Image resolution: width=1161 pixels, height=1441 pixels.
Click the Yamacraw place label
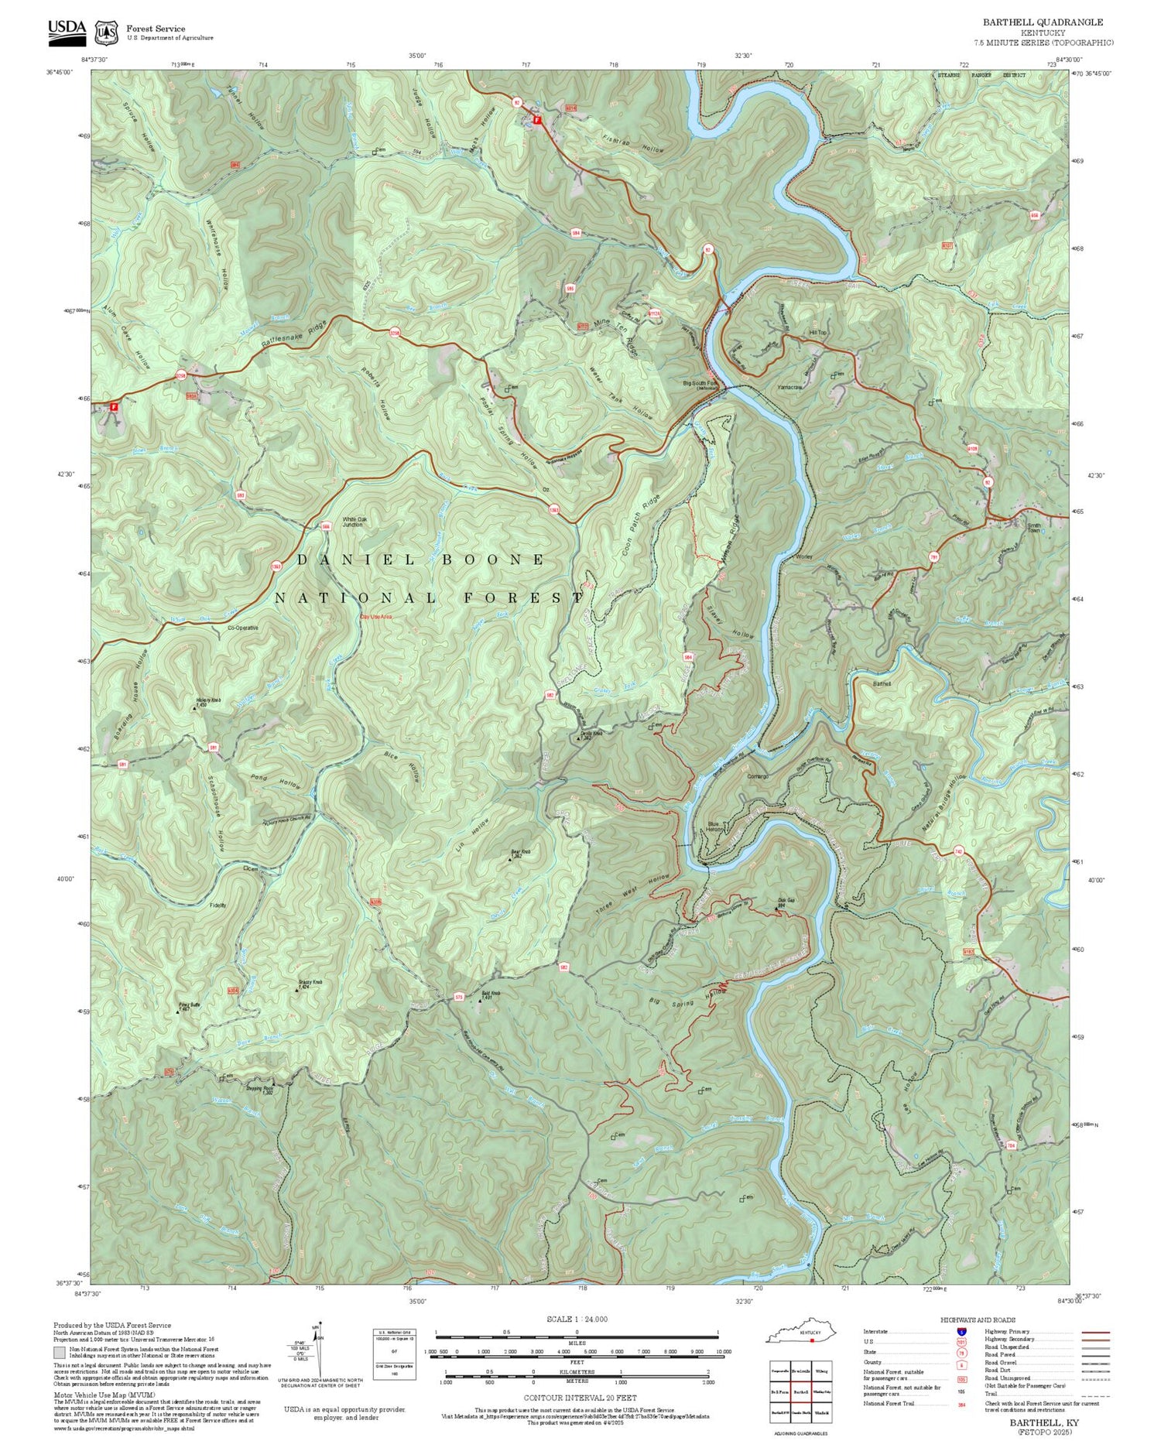[790, 387]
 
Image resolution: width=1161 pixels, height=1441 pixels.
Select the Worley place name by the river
[803, 556]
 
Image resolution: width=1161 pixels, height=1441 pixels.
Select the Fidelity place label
[217, 905]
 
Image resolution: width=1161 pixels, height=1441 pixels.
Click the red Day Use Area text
[376, 617]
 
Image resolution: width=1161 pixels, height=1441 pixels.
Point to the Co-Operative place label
[242, 628]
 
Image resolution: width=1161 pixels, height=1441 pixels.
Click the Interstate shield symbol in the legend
[961, 1332]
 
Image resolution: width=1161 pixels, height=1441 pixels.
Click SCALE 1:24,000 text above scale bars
[577, 1319]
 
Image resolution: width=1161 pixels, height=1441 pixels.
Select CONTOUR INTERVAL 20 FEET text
[580, 1398]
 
